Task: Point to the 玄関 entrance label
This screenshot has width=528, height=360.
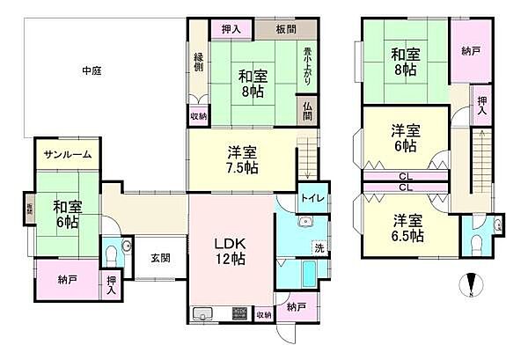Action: [158, 258]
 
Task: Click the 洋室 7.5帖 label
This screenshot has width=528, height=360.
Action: [240, 158]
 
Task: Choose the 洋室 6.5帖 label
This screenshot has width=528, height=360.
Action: [408, 228]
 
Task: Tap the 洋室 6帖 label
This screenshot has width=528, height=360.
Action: [406, 139]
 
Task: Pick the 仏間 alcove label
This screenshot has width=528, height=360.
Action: [307, 111]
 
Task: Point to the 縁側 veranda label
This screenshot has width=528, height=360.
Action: [199, 62]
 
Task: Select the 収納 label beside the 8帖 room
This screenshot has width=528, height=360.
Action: [199, 114]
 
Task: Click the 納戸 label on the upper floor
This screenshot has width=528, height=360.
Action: [470, 52]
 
